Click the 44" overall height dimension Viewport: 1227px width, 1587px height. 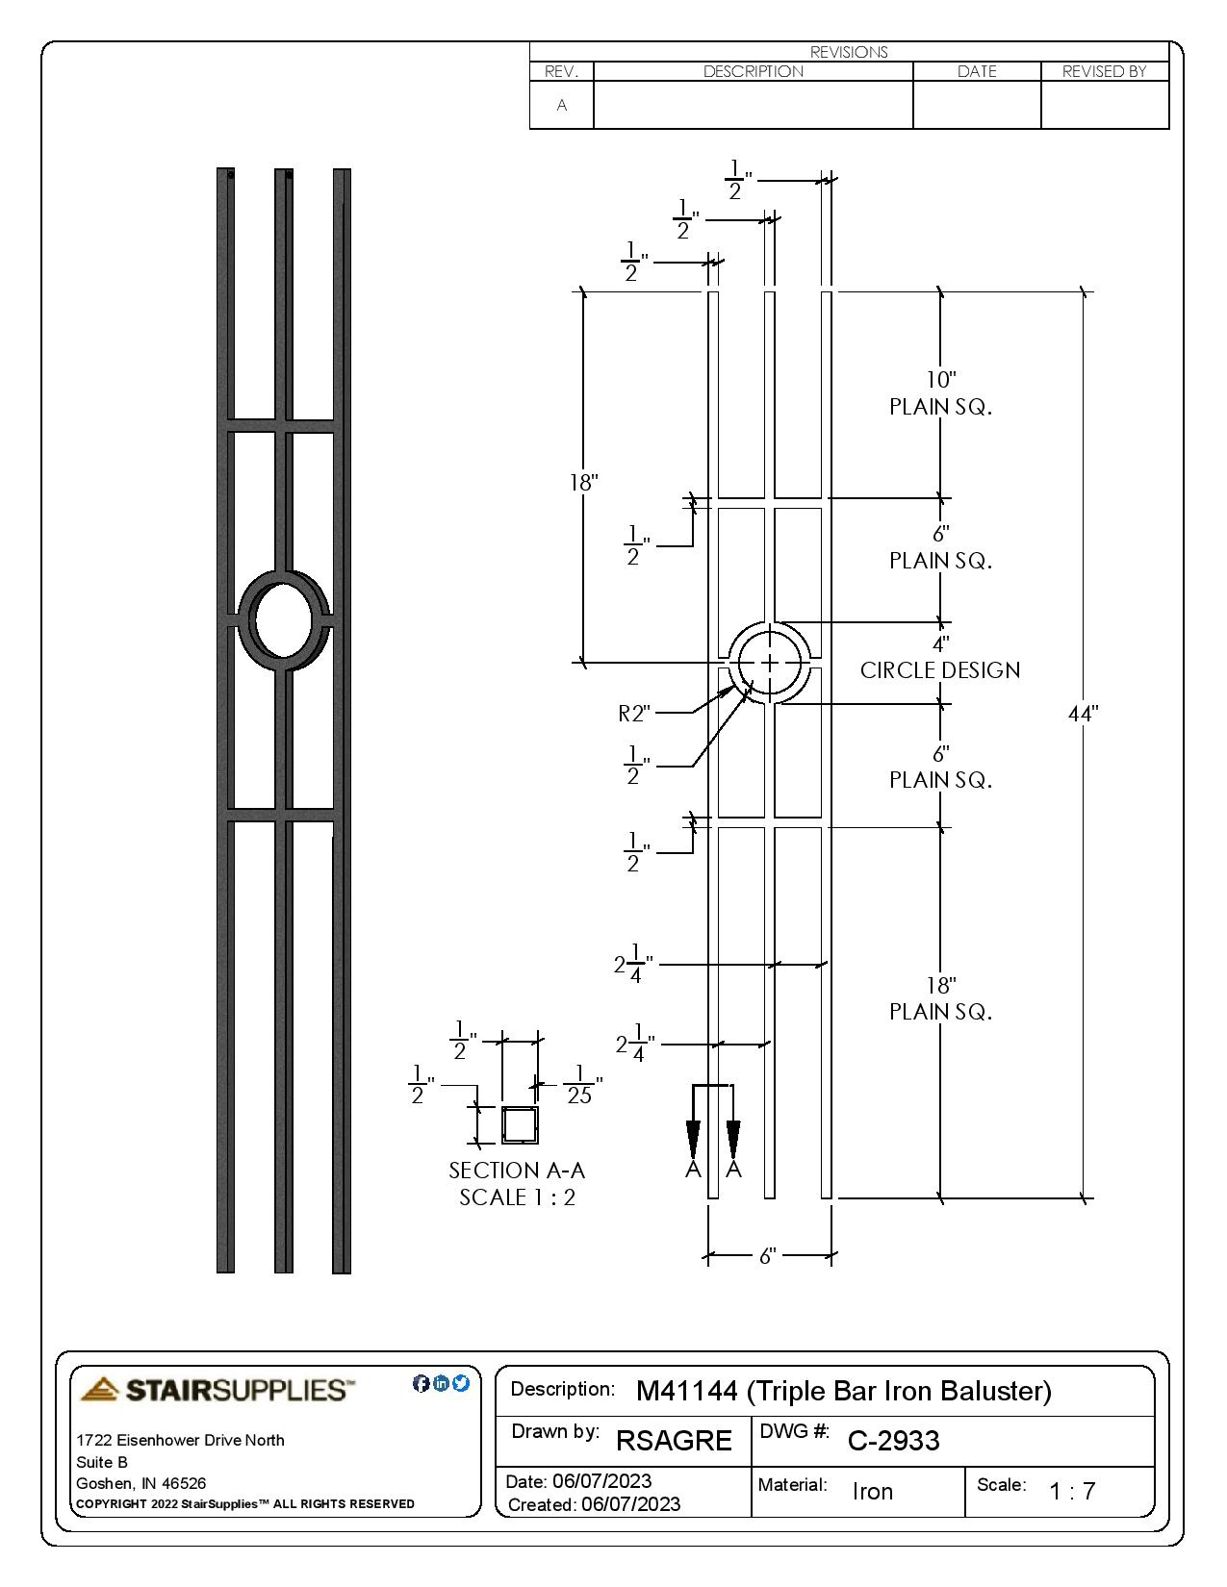coord(1083,714)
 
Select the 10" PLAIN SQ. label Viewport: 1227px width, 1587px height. coord(940,394)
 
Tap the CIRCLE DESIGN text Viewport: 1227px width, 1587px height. coord(940,670)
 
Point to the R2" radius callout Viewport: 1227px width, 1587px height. coord(634,713)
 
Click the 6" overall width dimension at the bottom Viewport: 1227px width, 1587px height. coord(767,1256)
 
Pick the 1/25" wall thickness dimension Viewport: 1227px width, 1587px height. coord(579,1085)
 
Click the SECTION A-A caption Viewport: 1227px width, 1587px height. coord(517,1171)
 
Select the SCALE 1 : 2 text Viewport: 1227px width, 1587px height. coord(517,1197)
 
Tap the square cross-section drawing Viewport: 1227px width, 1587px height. coord(520,1124)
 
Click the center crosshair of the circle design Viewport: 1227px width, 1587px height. coord(770,663)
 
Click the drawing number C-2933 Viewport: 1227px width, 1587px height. coord(893,1441)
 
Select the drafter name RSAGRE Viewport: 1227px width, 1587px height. coord(674,1441)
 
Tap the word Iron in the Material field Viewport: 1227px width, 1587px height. coord(873,1492)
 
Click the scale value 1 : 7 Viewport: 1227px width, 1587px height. coord(1072,1492)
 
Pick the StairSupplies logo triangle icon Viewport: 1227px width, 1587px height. coord(100,1389)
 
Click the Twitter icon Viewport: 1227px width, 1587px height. coord(461,1383)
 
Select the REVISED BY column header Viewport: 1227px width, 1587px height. coord(1104,71)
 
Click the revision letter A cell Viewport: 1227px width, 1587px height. coord(562,105)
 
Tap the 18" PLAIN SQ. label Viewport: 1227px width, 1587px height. coord(940,998)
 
